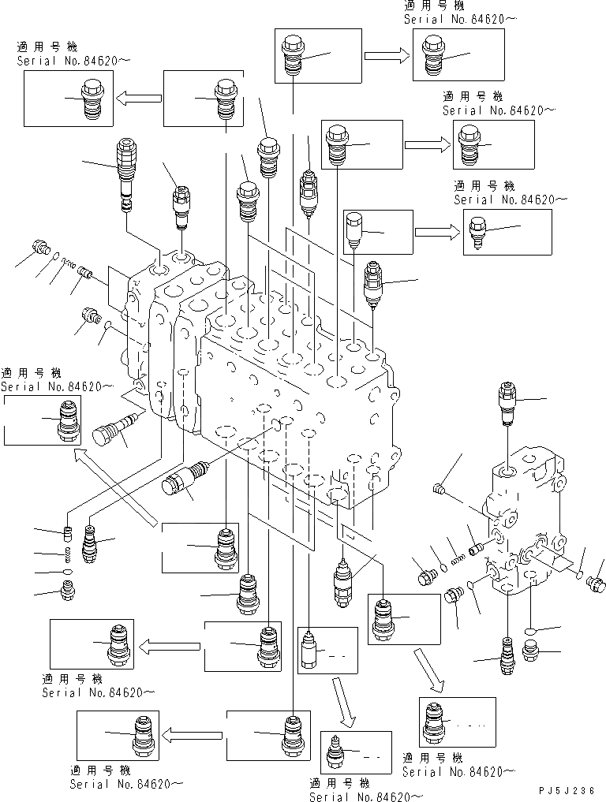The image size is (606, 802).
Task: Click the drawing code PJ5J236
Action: point(567,789)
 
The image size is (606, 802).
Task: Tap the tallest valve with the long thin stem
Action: point(126,173)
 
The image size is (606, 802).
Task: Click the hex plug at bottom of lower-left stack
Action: point(69,590)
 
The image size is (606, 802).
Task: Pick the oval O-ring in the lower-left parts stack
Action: point(69,571)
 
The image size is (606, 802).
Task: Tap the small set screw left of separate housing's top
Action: point(440,491)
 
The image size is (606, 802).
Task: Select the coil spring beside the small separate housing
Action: point(454,545)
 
